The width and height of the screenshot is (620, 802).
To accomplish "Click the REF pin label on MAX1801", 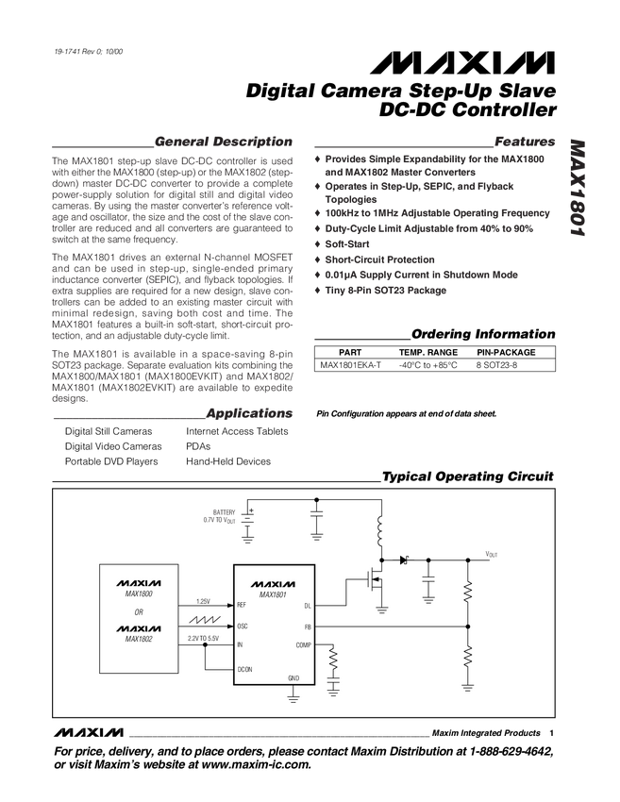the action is (241, 605).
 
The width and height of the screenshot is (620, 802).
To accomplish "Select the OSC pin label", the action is (242, 626).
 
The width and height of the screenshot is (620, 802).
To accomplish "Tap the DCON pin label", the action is (243, 669).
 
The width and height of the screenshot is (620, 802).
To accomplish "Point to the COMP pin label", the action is (303, 645).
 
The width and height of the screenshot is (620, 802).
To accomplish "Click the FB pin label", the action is (308, 626).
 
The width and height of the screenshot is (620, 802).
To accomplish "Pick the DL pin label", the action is (308, 605).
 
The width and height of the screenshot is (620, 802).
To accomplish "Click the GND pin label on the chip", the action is (293, 678).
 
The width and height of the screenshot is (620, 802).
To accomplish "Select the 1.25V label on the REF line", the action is (203, 601).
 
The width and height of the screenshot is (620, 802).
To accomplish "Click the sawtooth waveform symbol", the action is (207, 621).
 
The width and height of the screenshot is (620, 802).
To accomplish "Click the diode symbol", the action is (403, 560).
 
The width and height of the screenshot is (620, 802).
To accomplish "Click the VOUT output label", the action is (492, 555).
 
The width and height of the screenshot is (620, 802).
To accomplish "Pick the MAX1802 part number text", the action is (139, 639).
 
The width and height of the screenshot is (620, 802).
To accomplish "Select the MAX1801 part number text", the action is (273, 594).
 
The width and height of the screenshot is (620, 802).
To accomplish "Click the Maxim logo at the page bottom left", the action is (89, 731).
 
